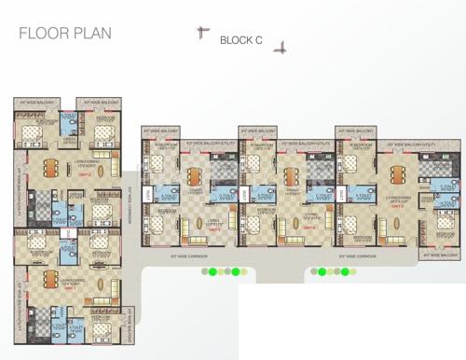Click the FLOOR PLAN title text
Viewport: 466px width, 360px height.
pos(65,35)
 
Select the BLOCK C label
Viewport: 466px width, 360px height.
pos(241,41)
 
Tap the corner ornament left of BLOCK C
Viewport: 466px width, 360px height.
pos(200,34)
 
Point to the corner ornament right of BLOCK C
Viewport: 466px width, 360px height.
pos(279,48)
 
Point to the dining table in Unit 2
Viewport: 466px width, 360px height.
pos(48,167)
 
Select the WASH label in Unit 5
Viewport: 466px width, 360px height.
pos(424,187)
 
